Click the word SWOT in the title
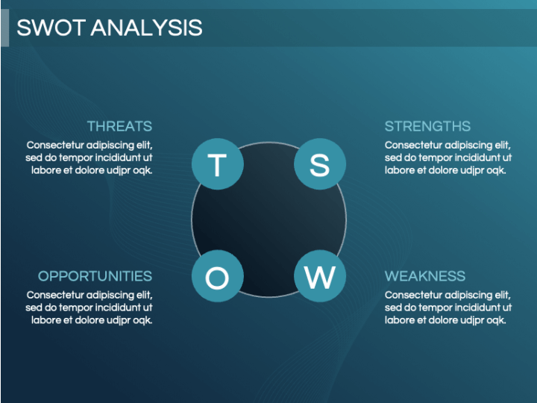tap(51, 28)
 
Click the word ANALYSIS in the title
tap(147, 28)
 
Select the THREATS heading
tap(119, 126)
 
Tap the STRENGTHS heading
tap(427, 126)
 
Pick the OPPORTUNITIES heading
tap(95, 276)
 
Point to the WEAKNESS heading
tap(425, 276)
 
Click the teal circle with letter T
tap(218, 163)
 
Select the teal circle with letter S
tap(320, 163)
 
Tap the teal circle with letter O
tap(218, 276)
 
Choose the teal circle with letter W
tap(320, 276)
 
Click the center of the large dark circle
tap(268, 219)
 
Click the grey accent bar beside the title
tap(4, 28)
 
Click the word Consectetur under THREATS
tap(55, 145)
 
